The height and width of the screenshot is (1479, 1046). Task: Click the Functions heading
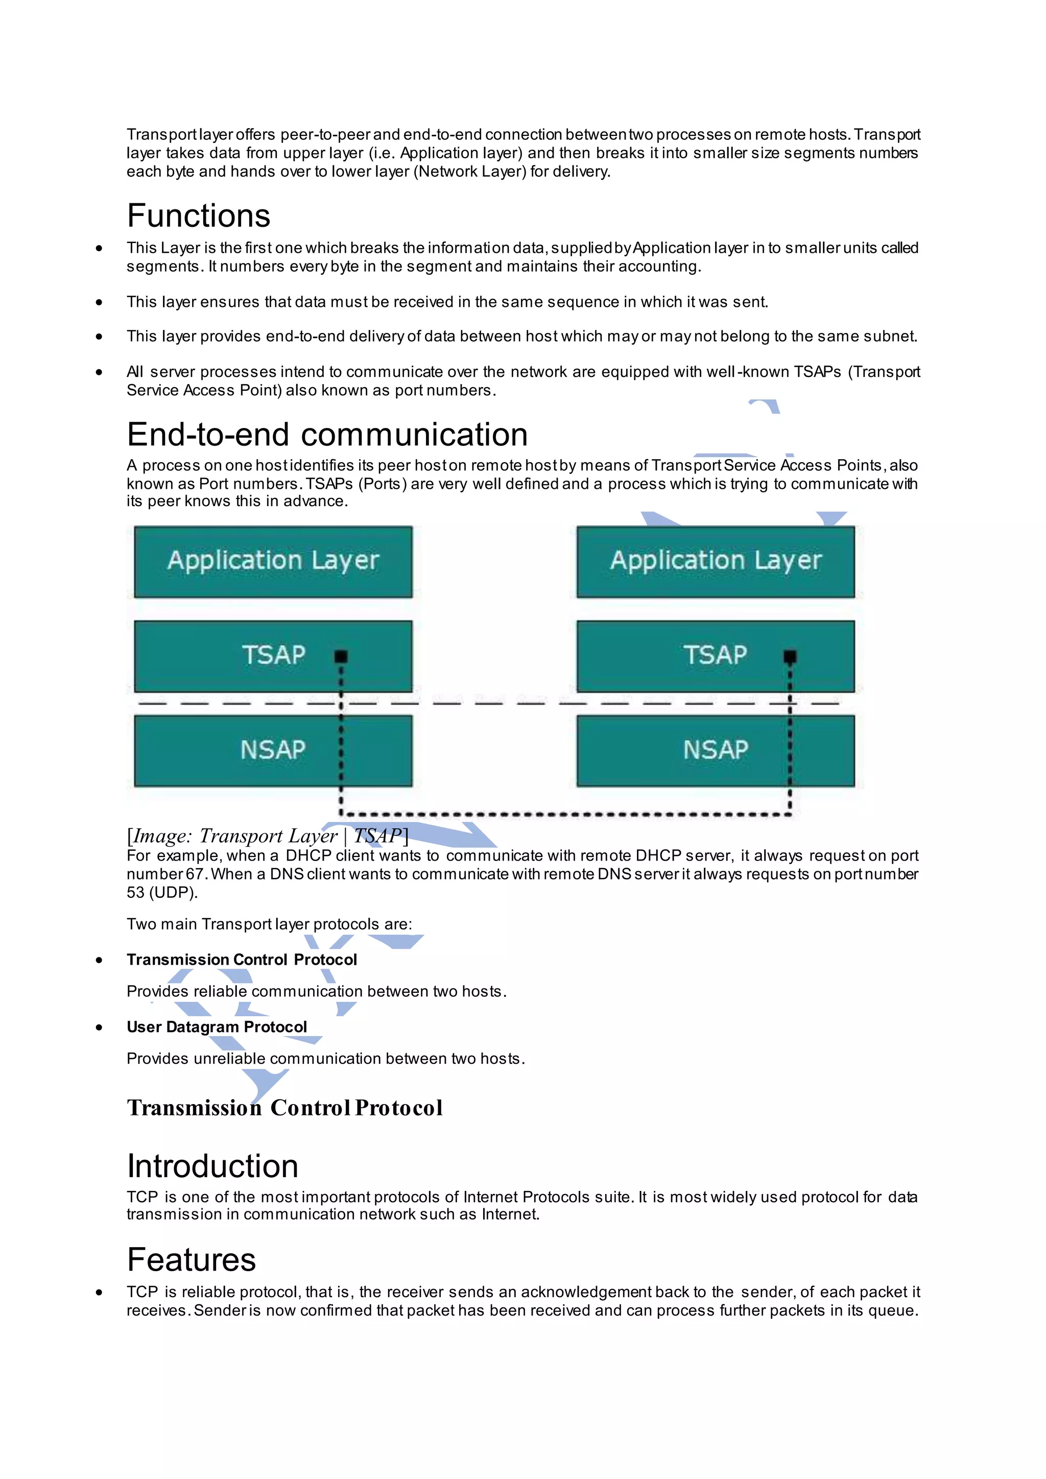198,216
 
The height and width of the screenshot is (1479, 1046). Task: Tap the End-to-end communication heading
327,434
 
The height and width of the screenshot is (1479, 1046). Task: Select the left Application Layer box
273,561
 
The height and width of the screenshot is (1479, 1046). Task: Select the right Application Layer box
716,561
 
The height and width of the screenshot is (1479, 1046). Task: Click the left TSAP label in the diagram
273,655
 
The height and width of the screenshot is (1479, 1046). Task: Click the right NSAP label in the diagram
716,750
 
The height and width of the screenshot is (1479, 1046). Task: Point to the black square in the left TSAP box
341,656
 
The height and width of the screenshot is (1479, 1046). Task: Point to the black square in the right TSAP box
790,656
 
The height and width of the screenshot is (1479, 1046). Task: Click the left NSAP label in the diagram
273,750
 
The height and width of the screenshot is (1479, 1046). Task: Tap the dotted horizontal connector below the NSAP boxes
565,814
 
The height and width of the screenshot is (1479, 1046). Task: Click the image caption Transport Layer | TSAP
267,836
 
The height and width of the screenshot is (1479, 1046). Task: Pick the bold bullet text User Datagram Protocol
217,1027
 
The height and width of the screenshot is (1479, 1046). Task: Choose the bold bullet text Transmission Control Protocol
242,960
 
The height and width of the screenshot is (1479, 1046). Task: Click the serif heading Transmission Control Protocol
284,1108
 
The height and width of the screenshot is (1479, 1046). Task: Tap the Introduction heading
212,1166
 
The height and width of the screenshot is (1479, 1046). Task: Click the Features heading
192,1259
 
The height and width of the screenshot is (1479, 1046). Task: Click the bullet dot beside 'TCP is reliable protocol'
99,1292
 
